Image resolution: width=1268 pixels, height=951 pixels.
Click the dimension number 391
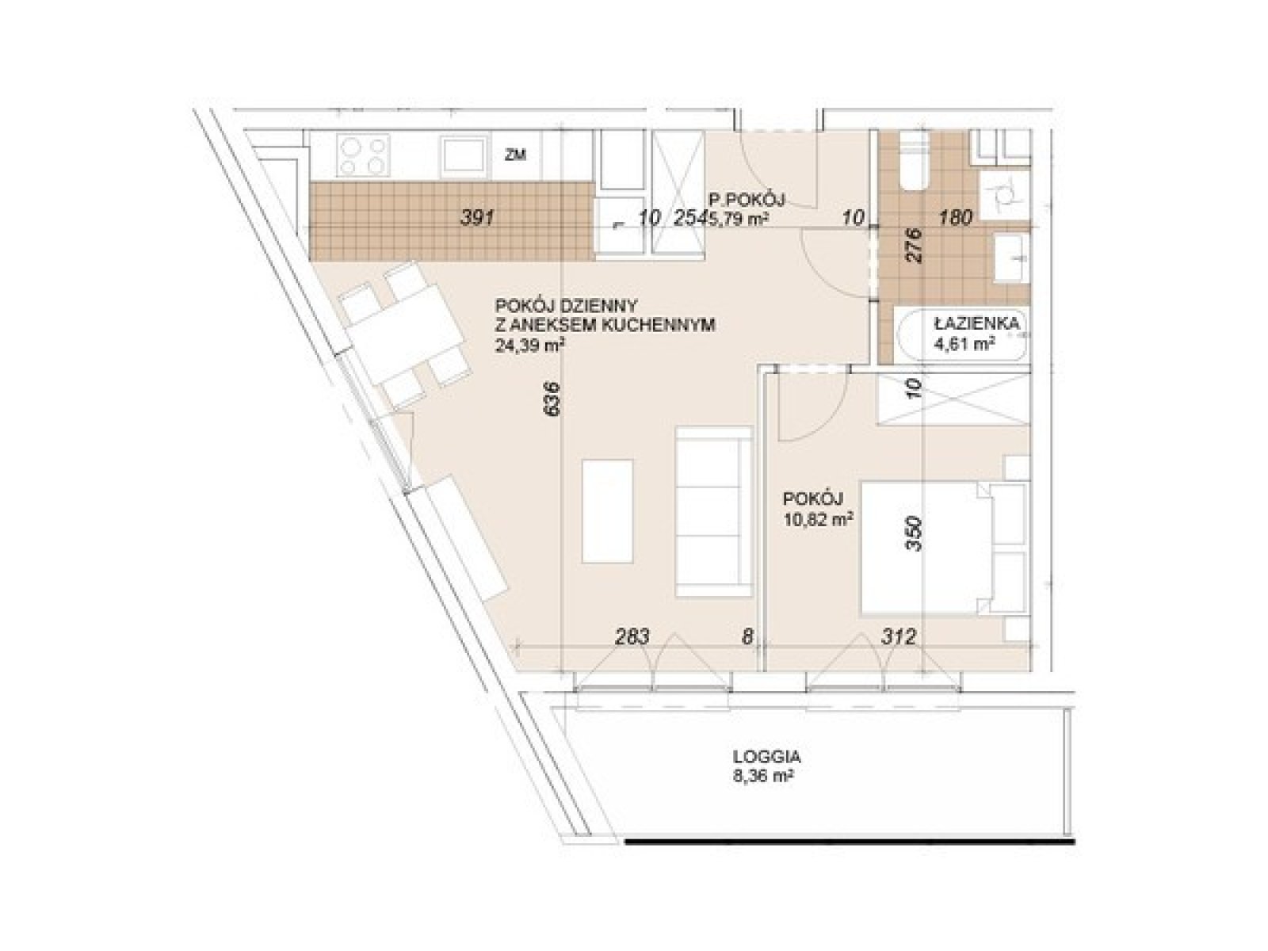(477, 218)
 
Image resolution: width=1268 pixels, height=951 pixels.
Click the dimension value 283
(632, 637)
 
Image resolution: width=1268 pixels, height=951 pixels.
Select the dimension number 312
(899, 637)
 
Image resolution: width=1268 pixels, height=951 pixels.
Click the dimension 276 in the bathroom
(913, 246)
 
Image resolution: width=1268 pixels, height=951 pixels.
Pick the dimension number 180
(955, 218)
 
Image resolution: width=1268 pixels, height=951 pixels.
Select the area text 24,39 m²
(529, 346)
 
